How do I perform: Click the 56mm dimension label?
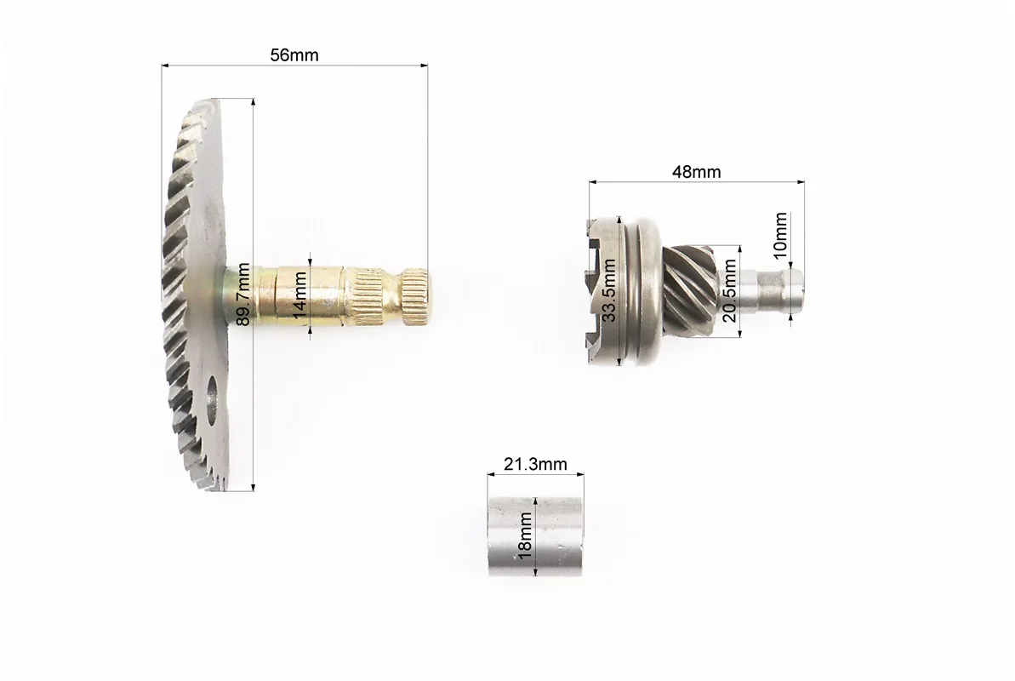click(x=294, y=55)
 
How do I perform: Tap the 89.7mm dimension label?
click(x=243, y=294)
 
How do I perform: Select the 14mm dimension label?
click(x=300, y=295)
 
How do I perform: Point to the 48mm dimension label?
click(x=697, y=172)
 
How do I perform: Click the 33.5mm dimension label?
click(x=609, y=290)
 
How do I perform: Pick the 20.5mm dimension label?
click(x=729, y=290)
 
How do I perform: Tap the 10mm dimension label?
click(x=781, y=235)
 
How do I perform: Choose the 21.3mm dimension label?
click(x=535, y=464)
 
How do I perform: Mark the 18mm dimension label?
click(x=525, y=535)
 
